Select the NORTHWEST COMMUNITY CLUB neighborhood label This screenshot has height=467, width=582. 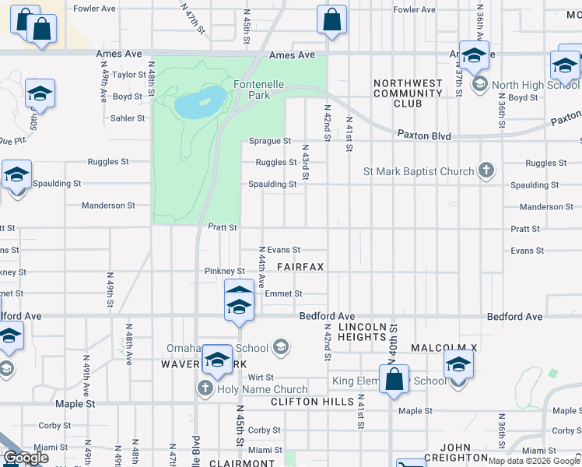tap(408, 93)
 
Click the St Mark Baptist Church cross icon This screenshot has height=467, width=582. tap(486, 170)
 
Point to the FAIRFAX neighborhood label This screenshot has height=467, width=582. tap(300, 266)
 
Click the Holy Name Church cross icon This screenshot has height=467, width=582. tap(205, 388)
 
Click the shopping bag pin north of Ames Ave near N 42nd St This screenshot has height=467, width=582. tap(331, 21)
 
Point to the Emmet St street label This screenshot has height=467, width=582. tap(283, 293)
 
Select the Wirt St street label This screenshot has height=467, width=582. tap(261, 377)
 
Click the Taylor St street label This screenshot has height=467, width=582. tap(129, 75)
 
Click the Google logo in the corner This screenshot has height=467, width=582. tap(26, 458)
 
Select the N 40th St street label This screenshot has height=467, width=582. tap(394, 341)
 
